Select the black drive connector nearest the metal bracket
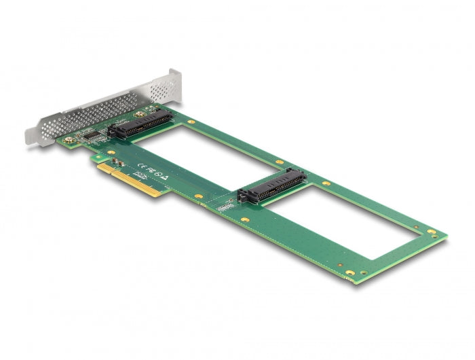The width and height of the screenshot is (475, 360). (138, 124)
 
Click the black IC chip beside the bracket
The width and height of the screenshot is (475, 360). (91, 136)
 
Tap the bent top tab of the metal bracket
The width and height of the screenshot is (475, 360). (176, 77)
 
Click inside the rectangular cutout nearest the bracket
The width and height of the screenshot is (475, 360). (204, 153)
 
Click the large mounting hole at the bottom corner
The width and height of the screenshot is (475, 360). (349, 273)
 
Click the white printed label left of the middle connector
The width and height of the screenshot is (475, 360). (225, 202)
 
